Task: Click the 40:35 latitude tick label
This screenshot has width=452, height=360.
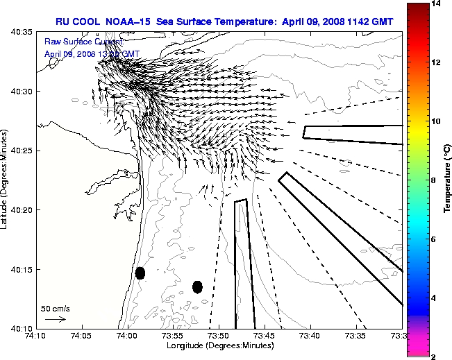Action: tap(20, 32)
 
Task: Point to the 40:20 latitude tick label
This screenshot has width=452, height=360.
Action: tap(20, 209)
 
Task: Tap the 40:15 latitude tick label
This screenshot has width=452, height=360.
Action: tap(20, 269)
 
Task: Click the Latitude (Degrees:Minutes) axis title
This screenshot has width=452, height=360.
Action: tap(6, 180)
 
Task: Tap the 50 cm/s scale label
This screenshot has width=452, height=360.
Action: tap(56, 308)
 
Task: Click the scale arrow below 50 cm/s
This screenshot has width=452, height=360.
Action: tap(55, 319)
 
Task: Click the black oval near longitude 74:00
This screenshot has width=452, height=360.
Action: tap(140, 273)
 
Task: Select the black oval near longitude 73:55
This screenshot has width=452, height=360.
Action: tap(197, 286)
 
